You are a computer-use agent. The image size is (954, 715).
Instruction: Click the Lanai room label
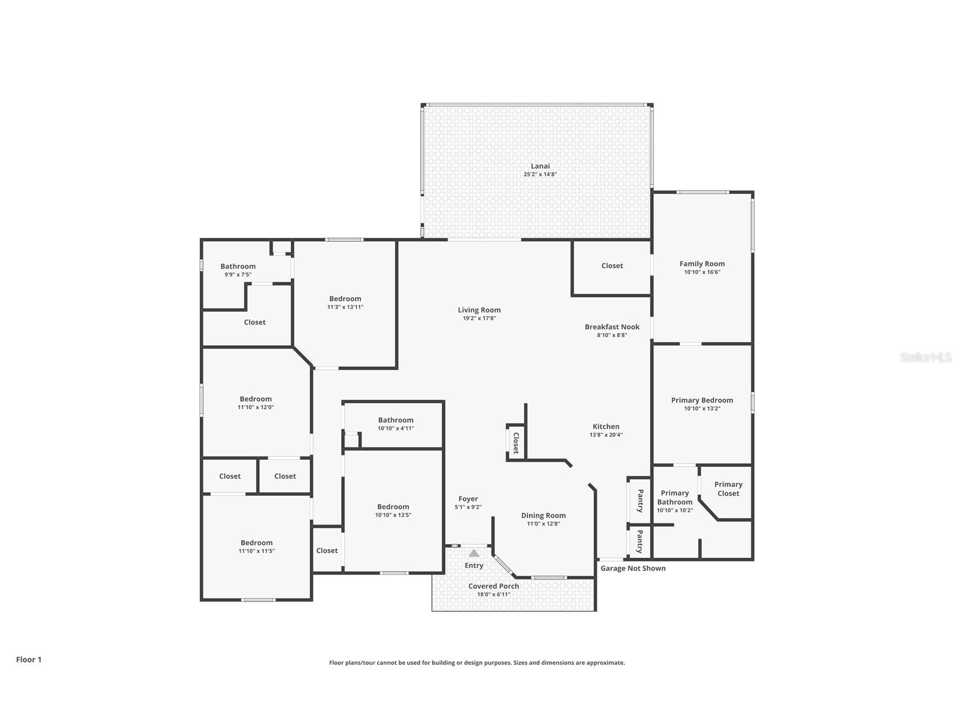[x=540, y=166]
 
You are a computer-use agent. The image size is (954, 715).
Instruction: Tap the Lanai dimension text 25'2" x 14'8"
[x=540, y=174]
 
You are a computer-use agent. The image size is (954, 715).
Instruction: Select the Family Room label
[x=702, y=264]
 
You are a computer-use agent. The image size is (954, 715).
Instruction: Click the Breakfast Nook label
[x=612, y=327]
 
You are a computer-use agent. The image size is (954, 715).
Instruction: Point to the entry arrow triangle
[x=474, y=553]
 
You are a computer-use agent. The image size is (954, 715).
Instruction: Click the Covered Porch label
[x=494, y=586]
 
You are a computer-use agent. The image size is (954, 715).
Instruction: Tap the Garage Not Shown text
[x=633, y=568]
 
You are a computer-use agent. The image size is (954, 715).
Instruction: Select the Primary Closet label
[x=728, y=488]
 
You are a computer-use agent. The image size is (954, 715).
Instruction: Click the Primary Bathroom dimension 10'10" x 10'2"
[x=675, y=510]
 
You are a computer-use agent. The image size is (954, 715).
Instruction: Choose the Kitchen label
[x=605, y=427]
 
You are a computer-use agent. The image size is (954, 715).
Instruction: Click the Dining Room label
[x=543, y=515]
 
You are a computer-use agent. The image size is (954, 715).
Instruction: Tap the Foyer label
[x=468, y=499]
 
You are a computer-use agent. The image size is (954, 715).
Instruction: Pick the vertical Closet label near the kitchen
[x=516, y=442]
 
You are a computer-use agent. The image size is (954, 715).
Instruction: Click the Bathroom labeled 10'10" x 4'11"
[x=395, y=420]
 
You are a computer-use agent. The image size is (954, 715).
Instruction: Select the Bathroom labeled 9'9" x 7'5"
[x=238, y=266]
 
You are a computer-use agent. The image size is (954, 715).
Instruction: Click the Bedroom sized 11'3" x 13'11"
[x=345, y=299]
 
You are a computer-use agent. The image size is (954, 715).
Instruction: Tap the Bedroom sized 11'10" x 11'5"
[x=256, y=543]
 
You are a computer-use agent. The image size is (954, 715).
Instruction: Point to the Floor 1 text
[x=29, y=659]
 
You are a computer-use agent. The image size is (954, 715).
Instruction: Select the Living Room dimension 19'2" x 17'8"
[x=479, y=318]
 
